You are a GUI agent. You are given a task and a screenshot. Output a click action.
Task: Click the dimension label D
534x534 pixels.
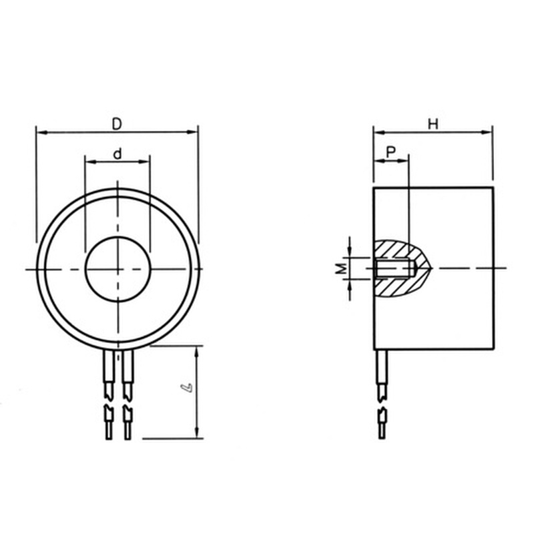117,123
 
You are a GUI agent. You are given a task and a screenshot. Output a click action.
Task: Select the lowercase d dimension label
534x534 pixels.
117,154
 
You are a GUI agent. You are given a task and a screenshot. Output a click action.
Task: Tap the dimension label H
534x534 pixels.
433,123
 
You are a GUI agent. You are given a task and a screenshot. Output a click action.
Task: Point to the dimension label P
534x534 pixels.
392,153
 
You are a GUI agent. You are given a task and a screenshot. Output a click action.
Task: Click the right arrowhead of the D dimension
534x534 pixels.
194,131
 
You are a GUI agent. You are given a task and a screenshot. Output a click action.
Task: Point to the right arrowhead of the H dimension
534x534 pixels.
488,131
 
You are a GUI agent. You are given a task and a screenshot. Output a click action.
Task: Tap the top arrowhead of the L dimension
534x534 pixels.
197,350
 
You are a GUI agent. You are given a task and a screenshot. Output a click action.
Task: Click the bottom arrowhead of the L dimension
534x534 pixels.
197,435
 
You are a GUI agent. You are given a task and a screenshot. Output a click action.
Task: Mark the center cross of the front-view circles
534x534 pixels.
117,268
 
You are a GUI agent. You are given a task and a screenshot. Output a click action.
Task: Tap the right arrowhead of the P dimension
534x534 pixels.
405,162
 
